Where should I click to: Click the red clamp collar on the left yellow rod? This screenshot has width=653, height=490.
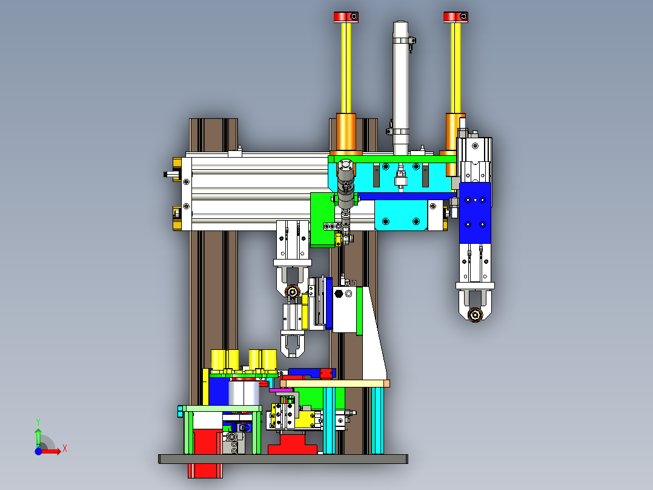(346, 17)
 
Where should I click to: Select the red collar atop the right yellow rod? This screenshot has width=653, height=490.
(456, 17)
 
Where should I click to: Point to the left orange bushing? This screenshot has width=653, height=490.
(346, 133)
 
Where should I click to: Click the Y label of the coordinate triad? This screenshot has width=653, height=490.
(38, 422)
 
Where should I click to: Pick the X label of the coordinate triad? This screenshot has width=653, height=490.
(65, 449)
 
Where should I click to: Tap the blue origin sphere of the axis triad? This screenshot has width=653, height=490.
(38, 451)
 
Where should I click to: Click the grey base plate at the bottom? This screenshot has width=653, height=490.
(283, 458)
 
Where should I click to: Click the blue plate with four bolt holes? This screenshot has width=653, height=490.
(475, 212)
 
